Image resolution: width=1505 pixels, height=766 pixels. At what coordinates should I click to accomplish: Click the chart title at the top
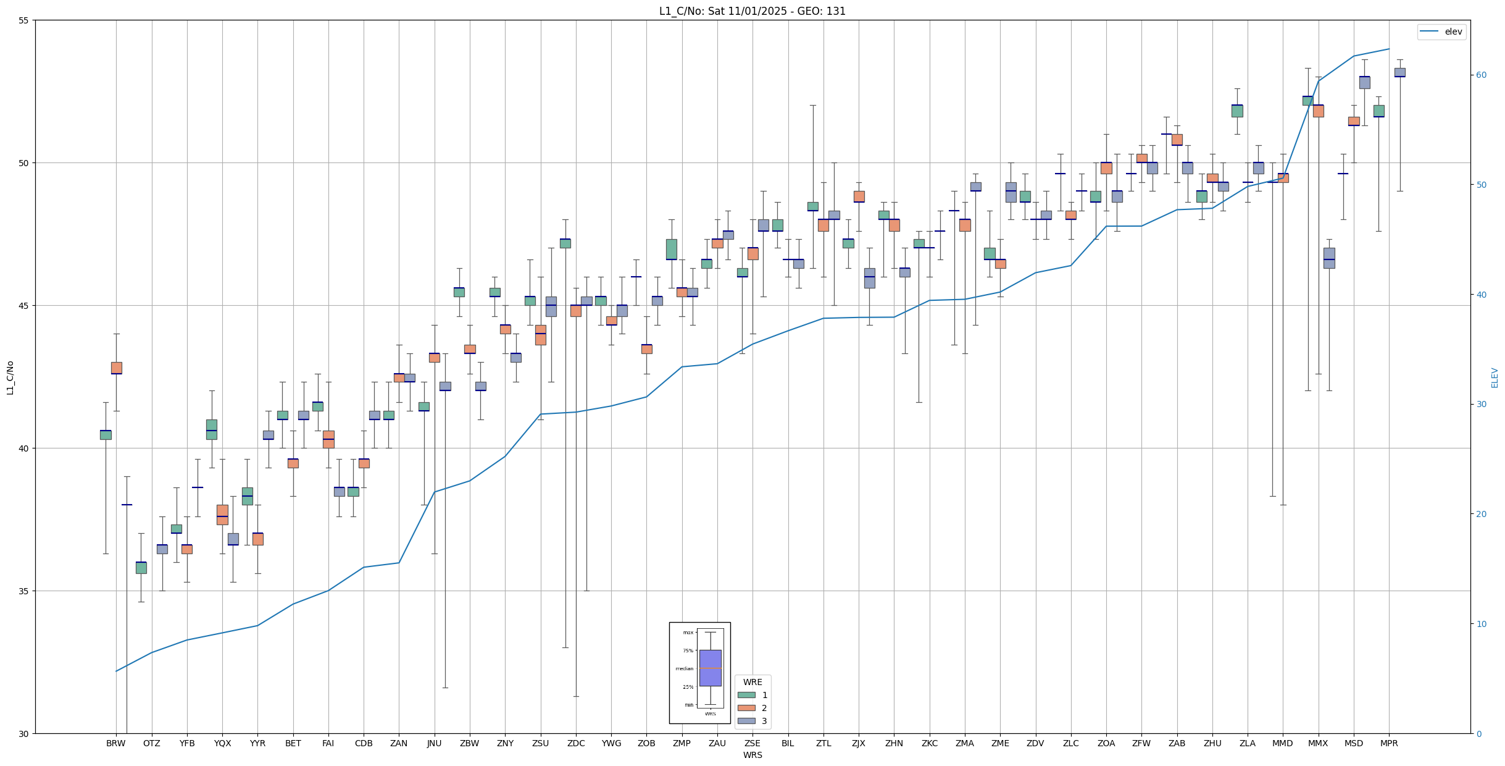pyautogui.click(x=752, y=11)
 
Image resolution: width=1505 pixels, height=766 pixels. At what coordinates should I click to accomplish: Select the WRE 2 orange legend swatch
pyautogui.click(x=746, y=708)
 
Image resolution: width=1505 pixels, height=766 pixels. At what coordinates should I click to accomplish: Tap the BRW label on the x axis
pyautogui.click(x=116, y=743)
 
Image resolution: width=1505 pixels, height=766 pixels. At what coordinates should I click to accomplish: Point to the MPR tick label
pyautogui.click(x=1389, y=743)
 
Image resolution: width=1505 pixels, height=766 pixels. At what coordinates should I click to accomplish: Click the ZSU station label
pyautogui.click(x=540, y=743)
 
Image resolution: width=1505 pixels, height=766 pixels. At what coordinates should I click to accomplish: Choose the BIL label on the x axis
pyautogui.click(x=788, y=743)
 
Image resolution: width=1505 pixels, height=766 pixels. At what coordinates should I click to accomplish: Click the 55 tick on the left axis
pyautogui.click(x=24, y=20)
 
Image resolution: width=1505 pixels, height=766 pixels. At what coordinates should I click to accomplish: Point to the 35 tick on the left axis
pyautogui.click(x=24, y=591)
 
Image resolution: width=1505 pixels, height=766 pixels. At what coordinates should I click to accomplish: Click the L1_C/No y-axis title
pyautogui.click(x=10, y=377)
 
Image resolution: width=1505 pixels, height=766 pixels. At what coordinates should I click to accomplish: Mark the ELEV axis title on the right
pyautogui.click(x=1495, y=377)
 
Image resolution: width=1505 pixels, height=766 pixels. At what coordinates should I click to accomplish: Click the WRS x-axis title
pyautogui.click(x=752, y=755)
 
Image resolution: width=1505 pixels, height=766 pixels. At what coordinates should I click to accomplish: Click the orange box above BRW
pyautogui.click(x=116, y=368)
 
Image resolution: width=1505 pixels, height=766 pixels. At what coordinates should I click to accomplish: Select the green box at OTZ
pyautogui.click(x=141, y=568)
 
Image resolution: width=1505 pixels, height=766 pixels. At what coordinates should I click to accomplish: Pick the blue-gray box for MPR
pyautogui.click(x=1399, y=72)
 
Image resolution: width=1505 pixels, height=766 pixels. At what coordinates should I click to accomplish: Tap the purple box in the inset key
pyautogui.click(x=710, y=668)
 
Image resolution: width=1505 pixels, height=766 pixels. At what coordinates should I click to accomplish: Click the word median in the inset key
pyautogui.click(x=684, y=668)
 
